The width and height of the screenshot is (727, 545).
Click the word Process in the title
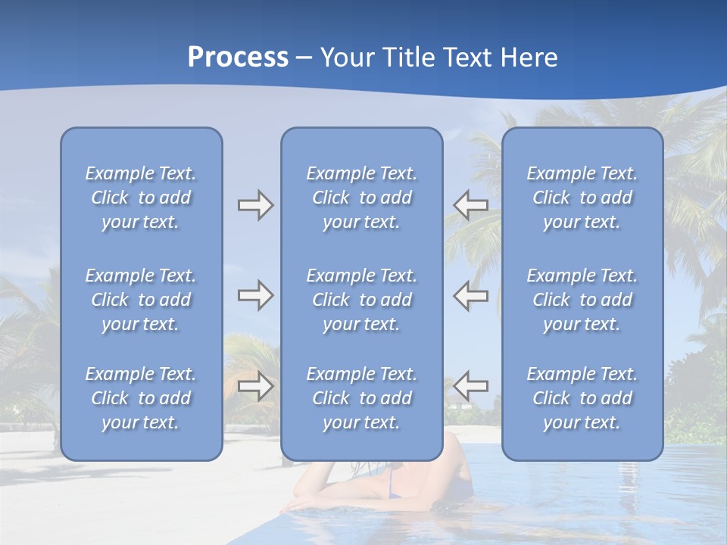coord(238,58)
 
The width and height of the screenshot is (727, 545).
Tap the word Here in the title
coord(527,58)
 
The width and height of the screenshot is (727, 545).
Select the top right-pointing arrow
coord(255,205)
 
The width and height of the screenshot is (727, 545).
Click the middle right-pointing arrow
coord(255,295)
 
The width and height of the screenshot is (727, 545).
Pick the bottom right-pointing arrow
coord(255,386)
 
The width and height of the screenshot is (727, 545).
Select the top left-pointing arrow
coord(470,205)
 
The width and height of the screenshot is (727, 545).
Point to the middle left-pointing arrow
coord(470,295)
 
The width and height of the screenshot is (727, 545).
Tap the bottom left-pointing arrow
coord(470,386)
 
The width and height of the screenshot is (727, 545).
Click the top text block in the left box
coord(141,198)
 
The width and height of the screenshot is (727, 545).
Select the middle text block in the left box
coord(141,300)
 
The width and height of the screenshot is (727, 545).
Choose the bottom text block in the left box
coord(141,398)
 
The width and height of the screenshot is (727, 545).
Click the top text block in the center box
coord(362,198)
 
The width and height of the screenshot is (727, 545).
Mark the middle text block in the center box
coord(362,300)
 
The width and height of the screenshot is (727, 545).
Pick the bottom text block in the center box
coord(362,398)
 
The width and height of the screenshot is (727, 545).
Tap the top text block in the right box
coord(582,198)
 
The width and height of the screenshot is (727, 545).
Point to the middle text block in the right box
coord(582,300)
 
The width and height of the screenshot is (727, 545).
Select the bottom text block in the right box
coord(582,398)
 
